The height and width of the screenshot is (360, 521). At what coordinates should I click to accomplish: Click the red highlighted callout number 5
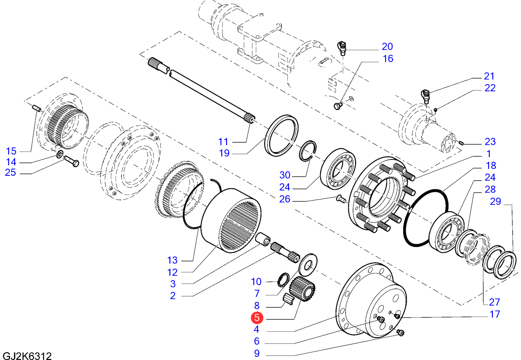tap(257, 318)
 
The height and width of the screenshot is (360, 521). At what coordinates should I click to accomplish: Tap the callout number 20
tap(387, 46)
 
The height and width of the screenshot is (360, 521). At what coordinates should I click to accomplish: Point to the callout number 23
tap(490, 142)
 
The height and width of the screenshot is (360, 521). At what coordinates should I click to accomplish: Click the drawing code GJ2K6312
tap(27, 356)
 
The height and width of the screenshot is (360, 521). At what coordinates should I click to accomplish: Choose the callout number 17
tap(494, 315)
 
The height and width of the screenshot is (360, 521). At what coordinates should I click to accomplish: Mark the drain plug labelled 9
tap(401, 332)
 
